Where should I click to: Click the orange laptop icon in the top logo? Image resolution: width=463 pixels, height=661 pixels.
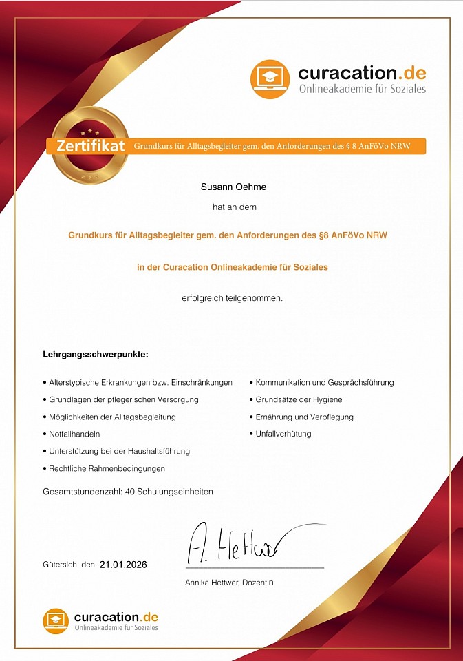(270, 79)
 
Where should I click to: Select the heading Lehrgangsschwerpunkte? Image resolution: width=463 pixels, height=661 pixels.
(96, 355)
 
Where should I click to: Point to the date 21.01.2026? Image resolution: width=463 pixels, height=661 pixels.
(123, 565)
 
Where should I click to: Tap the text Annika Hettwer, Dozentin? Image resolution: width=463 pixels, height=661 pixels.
(229, 583)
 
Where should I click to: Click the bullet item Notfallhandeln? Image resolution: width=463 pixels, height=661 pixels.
(74, 434)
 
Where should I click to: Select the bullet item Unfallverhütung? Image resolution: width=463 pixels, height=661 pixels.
(283, 434)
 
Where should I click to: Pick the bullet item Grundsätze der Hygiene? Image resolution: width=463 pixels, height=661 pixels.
(299, 399)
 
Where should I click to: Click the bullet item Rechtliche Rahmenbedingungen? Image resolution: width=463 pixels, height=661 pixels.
(107, 468)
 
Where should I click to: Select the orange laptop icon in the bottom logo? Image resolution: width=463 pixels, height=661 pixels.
(56, 620)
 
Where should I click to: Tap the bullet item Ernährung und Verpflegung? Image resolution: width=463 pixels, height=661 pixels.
(304, 417)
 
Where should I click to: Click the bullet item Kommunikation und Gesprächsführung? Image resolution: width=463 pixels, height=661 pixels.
(325, 382)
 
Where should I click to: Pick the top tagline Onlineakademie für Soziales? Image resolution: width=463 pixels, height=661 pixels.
(362, 89)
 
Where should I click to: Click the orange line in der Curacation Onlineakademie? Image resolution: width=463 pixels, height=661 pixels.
(233, 267)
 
